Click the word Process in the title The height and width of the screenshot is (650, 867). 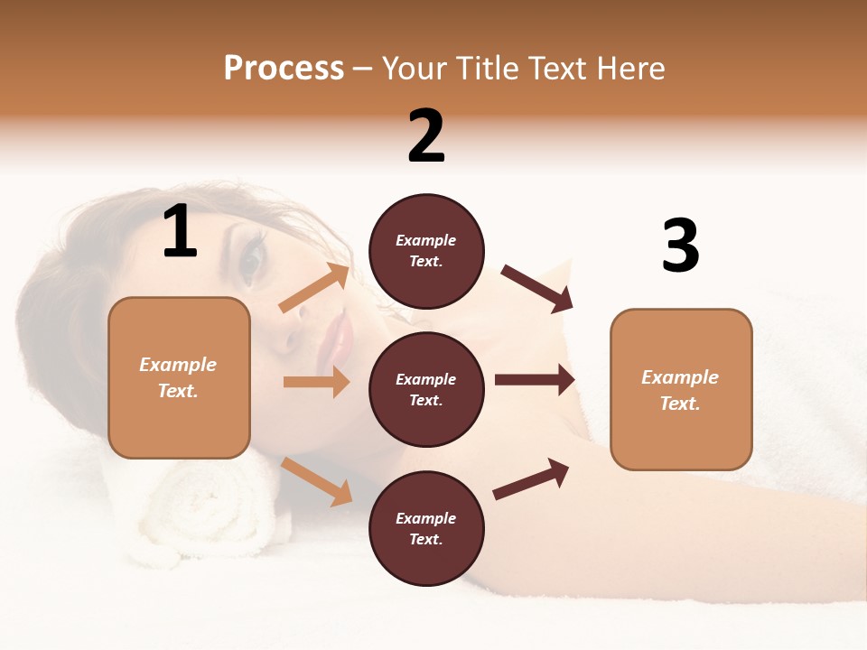point(284,69)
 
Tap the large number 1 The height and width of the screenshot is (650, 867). point(180,232)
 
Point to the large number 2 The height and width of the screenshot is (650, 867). point(426,136)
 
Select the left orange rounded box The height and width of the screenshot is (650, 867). point(179,377)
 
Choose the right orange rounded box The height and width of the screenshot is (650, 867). point(680,389)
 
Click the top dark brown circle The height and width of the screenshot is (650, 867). point(426,251)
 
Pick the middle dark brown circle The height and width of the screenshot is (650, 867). point(426,389)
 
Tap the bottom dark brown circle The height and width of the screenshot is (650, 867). point(426,528)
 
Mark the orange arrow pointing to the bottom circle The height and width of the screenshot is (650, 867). point(317,481)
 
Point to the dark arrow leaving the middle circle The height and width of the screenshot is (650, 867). point(535,379)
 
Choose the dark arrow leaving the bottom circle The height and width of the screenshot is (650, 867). point(532,478)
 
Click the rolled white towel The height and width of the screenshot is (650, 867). point(194,509)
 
